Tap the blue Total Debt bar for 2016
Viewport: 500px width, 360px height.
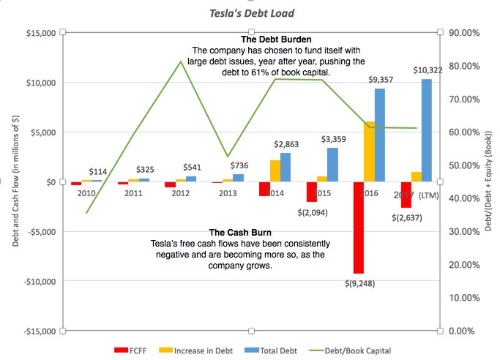380,135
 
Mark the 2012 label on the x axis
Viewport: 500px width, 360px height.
180,193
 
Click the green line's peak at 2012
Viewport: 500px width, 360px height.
181,61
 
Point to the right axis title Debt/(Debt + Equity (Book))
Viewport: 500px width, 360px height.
489,181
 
